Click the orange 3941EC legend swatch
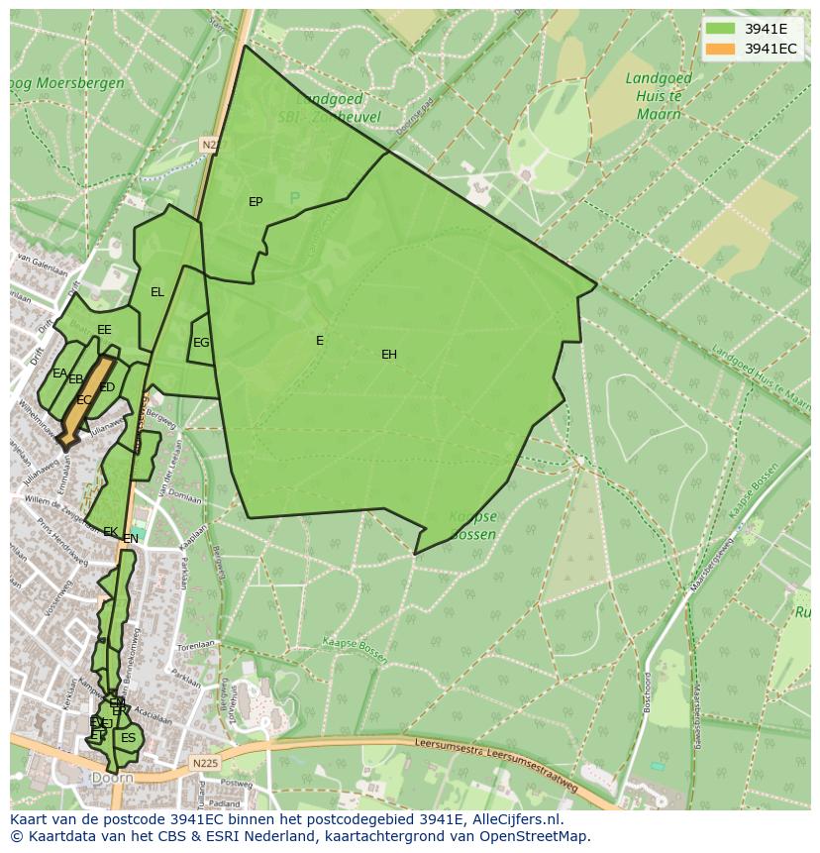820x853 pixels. click(721, 49)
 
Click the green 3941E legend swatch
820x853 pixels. click(721, 29)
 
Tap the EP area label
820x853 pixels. click(256, 202)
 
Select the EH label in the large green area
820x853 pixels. click(389, 355)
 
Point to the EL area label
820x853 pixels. click(157, 292)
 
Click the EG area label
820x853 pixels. click(201, 343)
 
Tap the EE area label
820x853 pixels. click(104, 330)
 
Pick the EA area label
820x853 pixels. click(59, 373)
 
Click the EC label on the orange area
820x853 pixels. click(84, 400)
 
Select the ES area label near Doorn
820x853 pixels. click(128, 738)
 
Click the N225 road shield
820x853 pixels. click(206, 763)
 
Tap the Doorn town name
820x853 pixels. click(112, 779)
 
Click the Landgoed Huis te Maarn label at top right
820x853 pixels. click(654, 96)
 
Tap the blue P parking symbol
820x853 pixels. click(294, 199)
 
